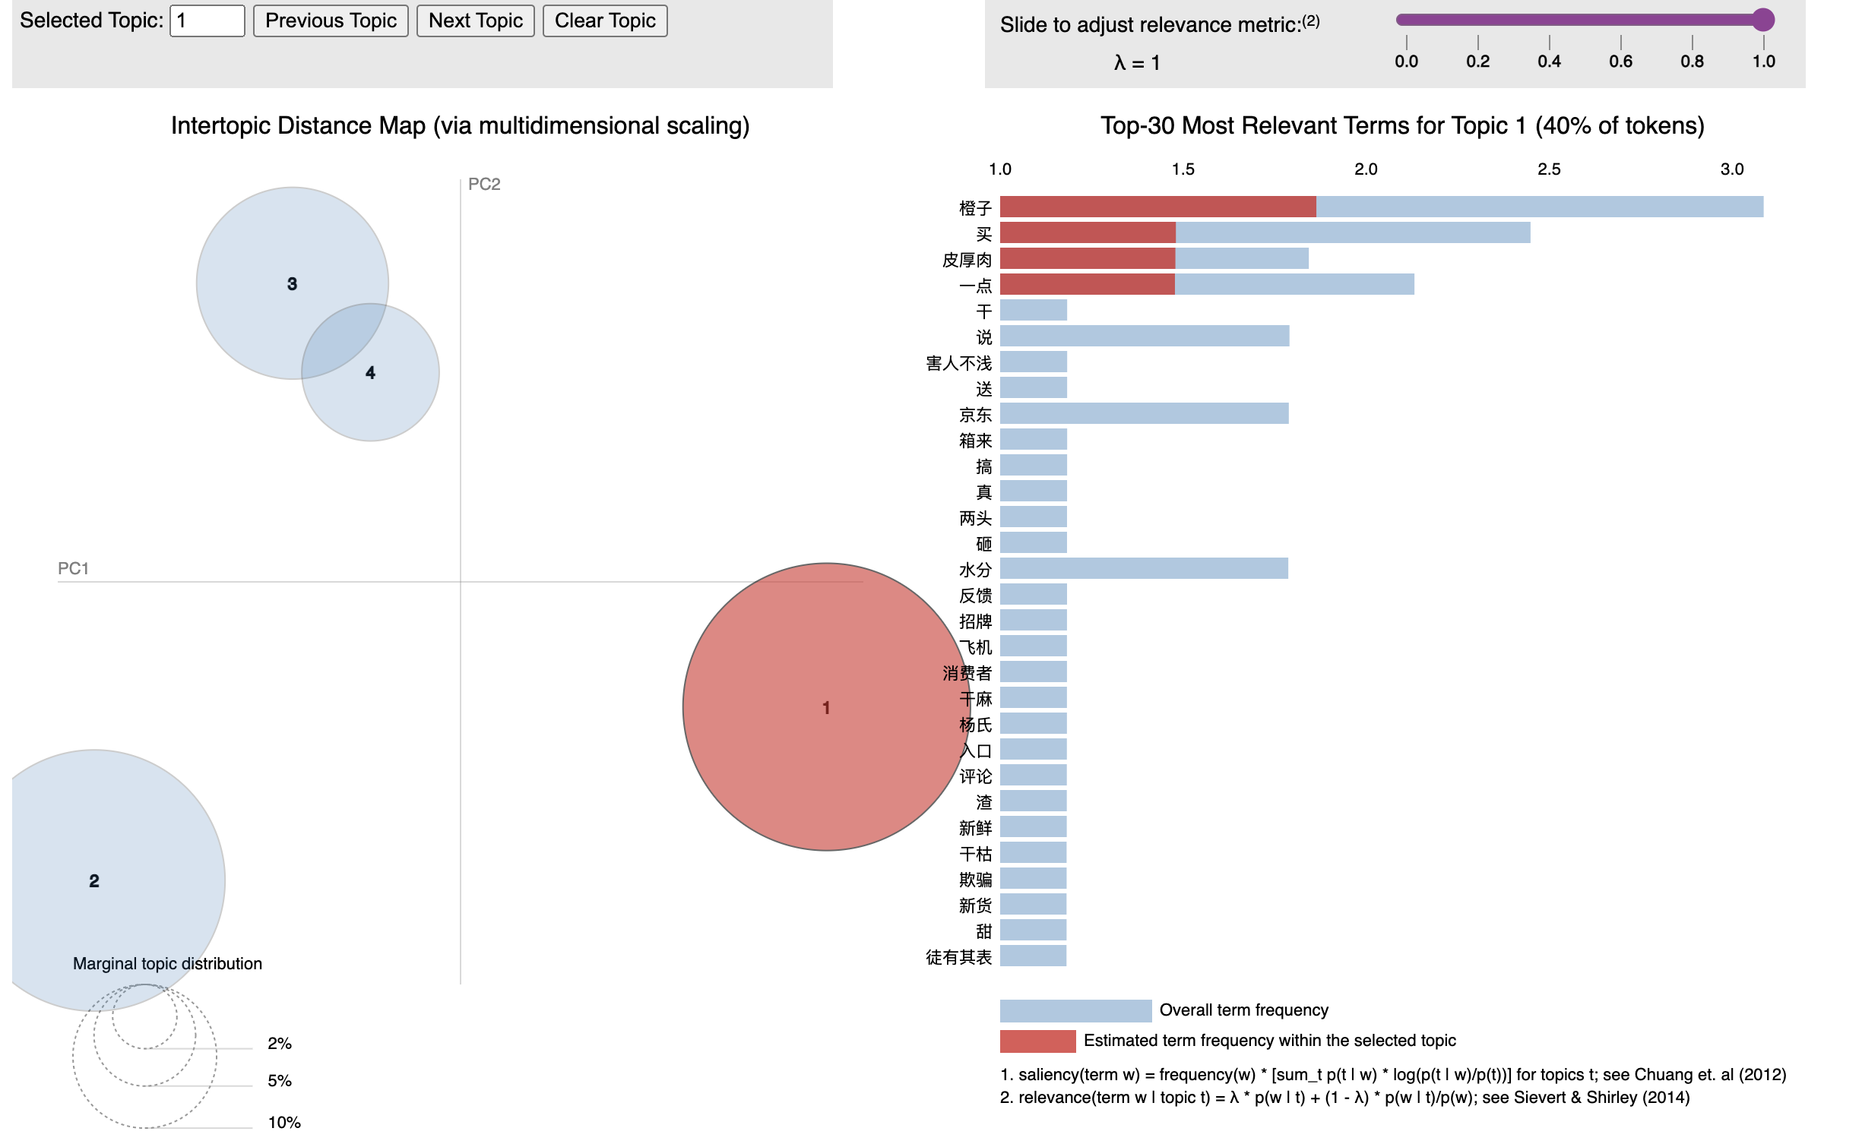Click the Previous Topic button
(331, 21)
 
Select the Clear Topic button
(604, 21)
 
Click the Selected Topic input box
(207, 21)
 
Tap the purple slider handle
(1762, 20)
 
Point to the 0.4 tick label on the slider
(1549, 62)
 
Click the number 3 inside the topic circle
(292, 284)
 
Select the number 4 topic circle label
(370, 373)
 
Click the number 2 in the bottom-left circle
(94, 881)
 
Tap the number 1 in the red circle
(826, 708)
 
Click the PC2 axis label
(484, 185)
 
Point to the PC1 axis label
(73, 569)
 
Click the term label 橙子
(975, 208)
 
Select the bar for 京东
(1144, 414)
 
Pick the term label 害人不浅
(958, 363)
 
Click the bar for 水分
(1144, 569)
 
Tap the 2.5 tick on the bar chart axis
(1548, 169)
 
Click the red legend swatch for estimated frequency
(1037, 1041)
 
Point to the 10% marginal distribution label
(284, 1123)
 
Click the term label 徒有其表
(958, 957)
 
